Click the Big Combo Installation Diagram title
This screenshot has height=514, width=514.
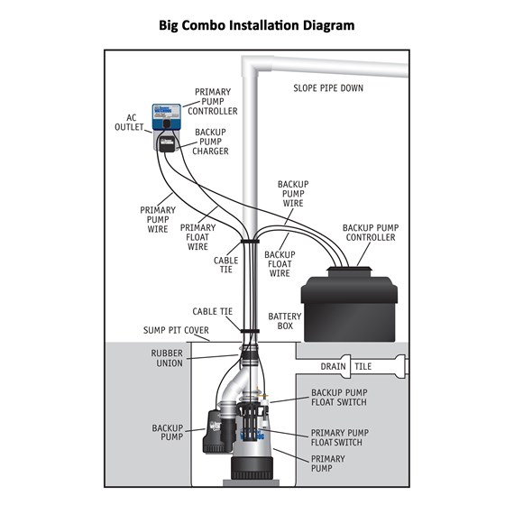tap(257, 25)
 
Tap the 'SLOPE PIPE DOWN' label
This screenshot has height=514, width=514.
tap(328, 88)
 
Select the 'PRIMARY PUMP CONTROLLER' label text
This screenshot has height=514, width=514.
tap(213, 102)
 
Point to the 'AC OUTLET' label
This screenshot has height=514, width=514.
tap(129, 123)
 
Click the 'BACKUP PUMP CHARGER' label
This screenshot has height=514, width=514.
tap(210, 142)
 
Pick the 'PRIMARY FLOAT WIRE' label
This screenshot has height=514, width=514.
tap(197, 237)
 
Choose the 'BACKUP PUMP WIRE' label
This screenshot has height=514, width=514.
tap(293, 194)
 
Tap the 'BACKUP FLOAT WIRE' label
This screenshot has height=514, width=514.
tap(280, 264)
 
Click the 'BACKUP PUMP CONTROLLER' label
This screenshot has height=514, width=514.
tap(371, 233)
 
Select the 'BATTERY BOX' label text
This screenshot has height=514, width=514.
tap(285, 321)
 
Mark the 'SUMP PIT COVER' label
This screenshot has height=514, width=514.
tap(176, 330)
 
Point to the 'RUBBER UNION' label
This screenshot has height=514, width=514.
tap(167, 358)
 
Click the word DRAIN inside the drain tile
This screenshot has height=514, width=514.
tap(333, 366)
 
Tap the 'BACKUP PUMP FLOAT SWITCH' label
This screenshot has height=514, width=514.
tap(339, 398)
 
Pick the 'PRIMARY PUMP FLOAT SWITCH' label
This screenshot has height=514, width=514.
tap(340, 437)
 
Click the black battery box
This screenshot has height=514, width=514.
tap(349, 305)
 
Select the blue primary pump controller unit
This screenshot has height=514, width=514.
tap(167, 117)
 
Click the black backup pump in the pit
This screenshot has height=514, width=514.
tap(218, 431)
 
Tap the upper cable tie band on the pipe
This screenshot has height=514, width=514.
tap(250, 242)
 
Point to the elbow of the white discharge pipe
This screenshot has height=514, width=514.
tap(252, 67)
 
